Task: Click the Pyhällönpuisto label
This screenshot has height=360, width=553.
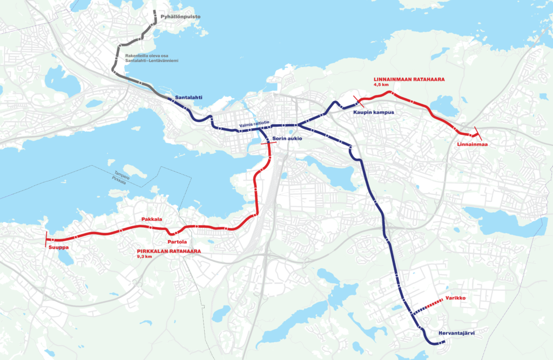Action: [180, 17]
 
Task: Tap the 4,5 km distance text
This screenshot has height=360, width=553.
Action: [381, 85]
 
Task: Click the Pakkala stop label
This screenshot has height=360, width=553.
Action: [152, 220]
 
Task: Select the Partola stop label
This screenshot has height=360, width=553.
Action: [177, 241]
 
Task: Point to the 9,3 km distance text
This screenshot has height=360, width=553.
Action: [145, 257]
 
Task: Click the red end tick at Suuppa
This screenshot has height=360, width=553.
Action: [47, 239]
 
